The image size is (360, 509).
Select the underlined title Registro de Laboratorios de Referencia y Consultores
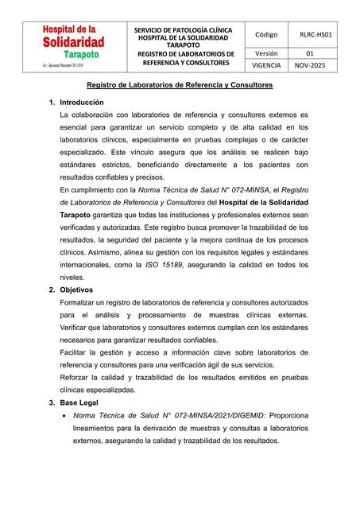point(180,84)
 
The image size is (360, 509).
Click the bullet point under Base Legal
point(64,416)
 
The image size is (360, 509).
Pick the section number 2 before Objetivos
point(52,290)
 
